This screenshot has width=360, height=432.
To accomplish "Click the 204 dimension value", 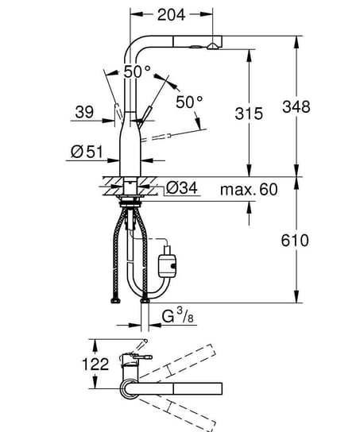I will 172,13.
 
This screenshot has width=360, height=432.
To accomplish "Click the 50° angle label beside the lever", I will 189,102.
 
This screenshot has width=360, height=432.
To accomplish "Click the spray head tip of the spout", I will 213,47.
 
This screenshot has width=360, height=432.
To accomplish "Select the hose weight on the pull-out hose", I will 168,259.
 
